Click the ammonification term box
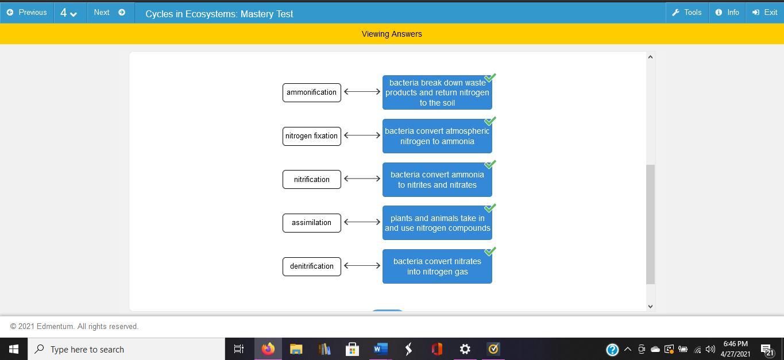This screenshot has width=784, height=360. tap(311, 92)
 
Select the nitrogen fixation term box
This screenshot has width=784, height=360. tap(311, 136)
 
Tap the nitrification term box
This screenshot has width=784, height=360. tap(311, 179)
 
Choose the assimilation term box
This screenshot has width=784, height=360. tap(311, 223)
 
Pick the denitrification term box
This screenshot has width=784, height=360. tap(311, 266)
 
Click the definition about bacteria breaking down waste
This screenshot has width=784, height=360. tap(437, 92)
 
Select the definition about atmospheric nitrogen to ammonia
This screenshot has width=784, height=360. tap(437, 136)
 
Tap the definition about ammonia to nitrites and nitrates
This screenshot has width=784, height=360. tap(437, 180)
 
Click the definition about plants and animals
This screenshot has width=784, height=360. tap(437, 223)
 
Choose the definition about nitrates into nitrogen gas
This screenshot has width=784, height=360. tap(437, 266)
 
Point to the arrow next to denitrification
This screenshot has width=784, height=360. tap(362, 266)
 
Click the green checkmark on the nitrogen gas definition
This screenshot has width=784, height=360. tap(490, 251)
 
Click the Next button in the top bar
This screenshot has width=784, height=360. tap(110, 12)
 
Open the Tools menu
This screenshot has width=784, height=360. tap(686, 12)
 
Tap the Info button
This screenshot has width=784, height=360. tap(727, 12)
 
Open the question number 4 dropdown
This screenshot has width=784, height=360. tap(69, 13)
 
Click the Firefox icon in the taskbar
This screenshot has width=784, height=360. tap(268, 349)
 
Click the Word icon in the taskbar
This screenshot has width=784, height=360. tap(380, 349)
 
